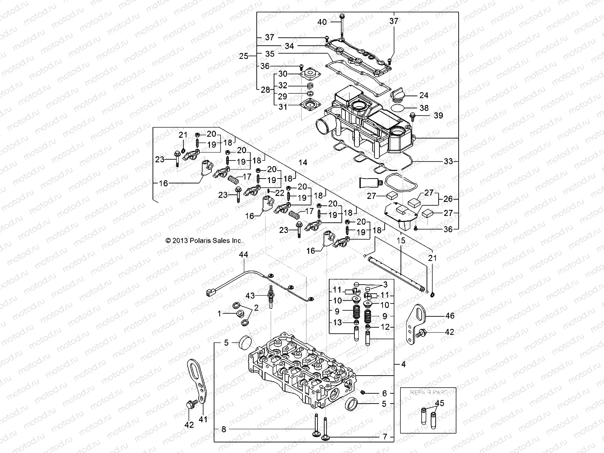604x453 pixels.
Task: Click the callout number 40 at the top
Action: pyautogui.click(x=322, y=22)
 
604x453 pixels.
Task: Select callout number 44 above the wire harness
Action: pyautogui.click(x=243, y=255)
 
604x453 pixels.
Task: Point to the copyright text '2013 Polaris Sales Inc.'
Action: pyautogui.click(x=204, y=240)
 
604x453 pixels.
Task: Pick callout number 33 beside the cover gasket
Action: pyautogui.click(x=448, y=161)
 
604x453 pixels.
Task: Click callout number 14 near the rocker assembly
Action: pyautogui.click(x=303, y=163)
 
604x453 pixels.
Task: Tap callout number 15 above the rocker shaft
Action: pyautogui.click(x=401, y=240)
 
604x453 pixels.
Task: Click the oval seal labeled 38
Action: pyautogui.click(x=400, y=108)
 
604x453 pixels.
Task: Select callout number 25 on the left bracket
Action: pyautogui.click(x=243, y=56)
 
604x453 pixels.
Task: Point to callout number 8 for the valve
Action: pyautogui.click(x=224, y=429)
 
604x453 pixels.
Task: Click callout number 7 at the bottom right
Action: pyautogui.click(x=385, y=437)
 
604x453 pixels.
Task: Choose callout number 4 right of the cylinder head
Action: pyautogui.click(x=403, y=365)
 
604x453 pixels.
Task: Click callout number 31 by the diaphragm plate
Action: pyautogui.click(x=283, y=107)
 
